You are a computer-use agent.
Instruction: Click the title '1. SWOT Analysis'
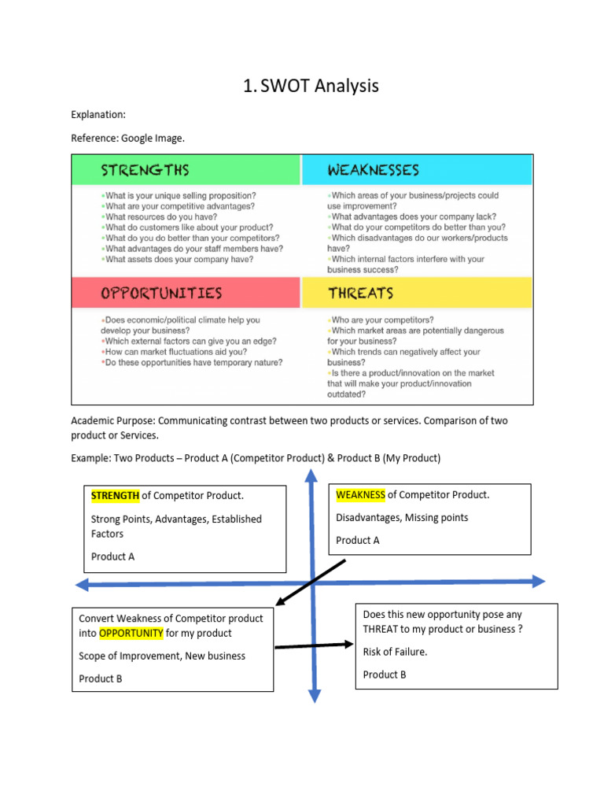311,86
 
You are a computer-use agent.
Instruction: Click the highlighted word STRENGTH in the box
115,495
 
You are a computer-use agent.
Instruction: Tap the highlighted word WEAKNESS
360,494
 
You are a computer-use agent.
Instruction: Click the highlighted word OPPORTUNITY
131,633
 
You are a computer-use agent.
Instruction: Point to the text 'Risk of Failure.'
395,652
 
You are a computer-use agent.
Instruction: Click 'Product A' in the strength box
112,556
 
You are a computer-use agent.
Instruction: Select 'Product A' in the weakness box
357,540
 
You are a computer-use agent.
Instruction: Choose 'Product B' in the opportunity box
101,678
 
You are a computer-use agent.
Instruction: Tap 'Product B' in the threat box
385,675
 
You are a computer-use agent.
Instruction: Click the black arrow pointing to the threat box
315,646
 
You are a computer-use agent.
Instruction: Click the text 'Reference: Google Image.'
127,138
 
